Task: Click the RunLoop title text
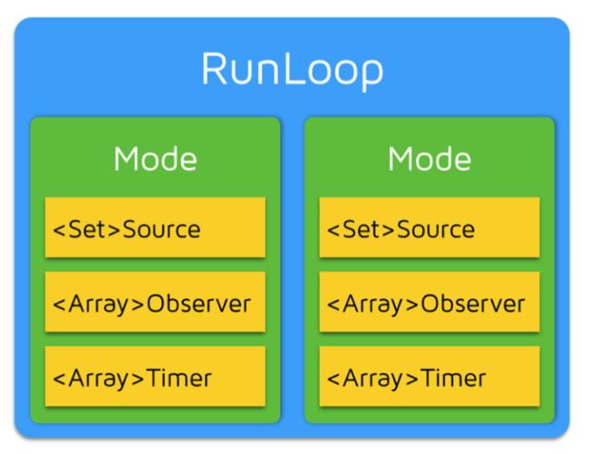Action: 293,71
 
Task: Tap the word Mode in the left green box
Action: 155,159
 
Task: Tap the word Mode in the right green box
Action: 430,159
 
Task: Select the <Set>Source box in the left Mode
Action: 155,227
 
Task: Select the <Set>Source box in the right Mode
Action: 430,227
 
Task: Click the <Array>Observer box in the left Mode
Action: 155,302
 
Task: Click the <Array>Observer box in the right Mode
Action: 430,302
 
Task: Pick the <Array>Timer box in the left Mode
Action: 155,376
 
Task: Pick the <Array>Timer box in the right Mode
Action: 430,376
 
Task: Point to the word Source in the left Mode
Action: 161,229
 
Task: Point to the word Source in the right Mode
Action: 436,229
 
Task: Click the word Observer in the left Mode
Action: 198,304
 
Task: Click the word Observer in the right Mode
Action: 472,304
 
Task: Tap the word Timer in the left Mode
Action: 179,378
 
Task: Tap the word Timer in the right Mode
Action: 453,378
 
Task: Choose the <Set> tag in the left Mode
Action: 87,229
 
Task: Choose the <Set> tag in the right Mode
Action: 361,229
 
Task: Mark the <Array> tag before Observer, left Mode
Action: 99,305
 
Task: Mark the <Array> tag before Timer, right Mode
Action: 373,379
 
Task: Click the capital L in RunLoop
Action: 292,68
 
